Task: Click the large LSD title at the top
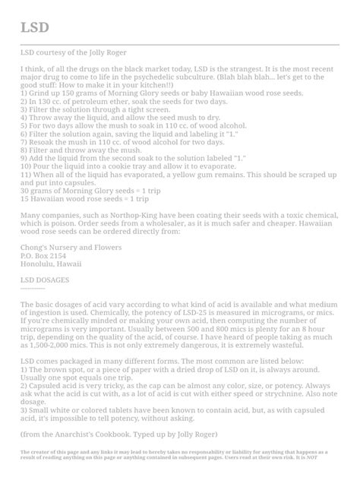[35, 27]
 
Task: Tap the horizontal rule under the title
[179, 45]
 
